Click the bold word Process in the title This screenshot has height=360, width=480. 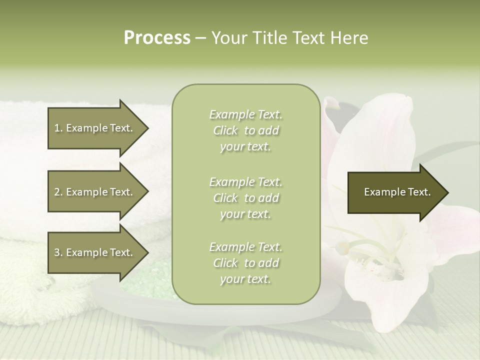pos(157,38)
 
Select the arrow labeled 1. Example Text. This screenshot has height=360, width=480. pos(94,128)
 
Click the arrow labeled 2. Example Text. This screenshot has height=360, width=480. pos(94,192)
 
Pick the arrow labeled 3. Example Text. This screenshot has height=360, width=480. pos(94,252)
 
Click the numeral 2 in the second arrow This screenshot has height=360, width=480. pos(57,192)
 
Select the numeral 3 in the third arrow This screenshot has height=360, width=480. pos(57,252)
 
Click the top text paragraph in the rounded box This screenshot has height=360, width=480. pos(245,130)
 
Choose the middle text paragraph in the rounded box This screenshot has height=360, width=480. pos(245,198)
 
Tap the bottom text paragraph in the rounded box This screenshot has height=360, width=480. pos(245,263)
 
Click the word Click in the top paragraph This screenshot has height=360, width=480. pos(225,130)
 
